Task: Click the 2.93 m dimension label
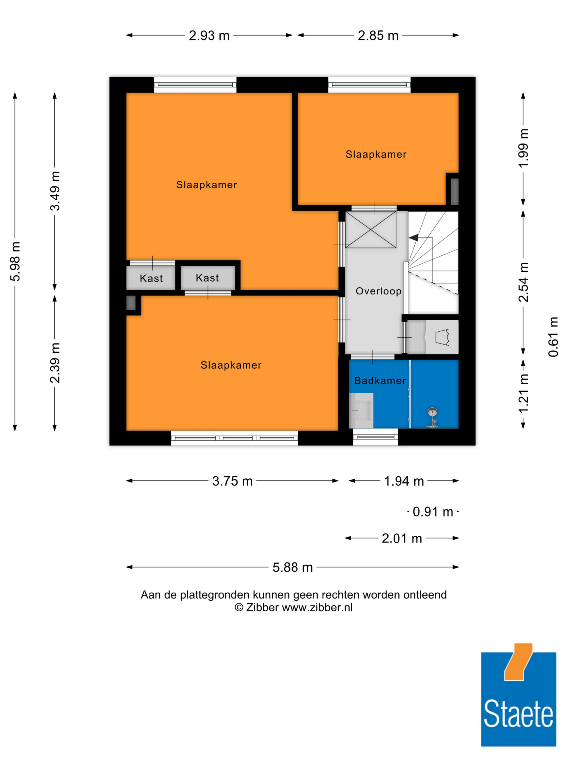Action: point(209,35)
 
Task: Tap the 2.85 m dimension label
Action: point(378,35)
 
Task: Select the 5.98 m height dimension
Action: point(15,261)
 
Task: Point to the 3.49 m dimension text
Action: point(55,191)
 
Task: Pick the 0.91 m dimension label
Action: point(433,512)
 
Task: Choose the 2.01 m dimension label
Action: point(402,538)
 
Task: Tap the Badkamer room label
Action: point(380,381)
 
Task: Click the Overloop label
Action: point(378,291)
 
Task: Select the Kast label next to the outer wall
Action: point(151,278)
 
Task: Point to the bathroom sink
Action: point(361,410)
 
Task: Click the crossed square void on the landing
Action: point(371,229)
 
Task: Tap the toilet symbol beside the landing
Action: point(442,337)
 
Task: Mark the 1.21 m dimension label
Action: point(523,394)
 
